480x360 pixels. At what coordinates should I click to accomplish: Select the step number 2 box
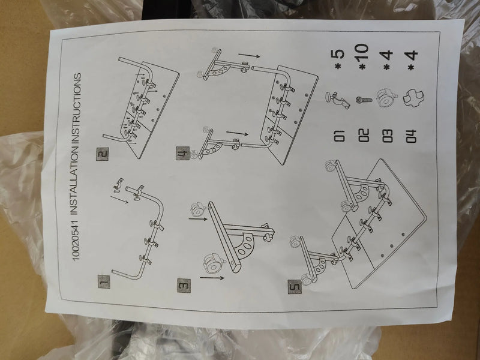pos(103,154)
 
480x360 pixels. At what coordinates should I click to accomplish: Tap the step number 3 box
pos(184,286)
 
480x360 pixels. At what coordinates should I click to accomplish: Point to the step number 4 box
pos(182,154)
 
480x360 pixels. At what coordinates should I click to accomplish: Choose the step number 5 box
pos(295,287)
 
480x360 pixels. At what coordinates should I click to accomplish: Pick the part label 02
pos(364,136)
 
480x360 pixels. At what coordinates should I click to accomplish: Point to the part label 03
pos(387,136)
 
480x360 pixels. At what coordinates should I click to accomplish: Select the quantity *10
pos(363,56)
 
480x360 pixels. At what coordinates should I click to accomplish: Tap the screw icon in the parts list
pos(364,100)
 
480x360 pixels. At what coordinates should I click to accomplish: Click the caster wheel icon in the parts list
pos(386,98)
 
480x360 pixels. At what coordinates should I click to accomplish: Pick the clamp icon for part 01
pos(338,100)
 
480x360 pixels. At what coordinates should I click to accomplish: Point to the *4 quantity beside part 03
pos(387,60)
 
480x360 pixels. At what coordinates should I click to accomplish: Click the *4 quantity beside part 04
pos(412,60)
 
